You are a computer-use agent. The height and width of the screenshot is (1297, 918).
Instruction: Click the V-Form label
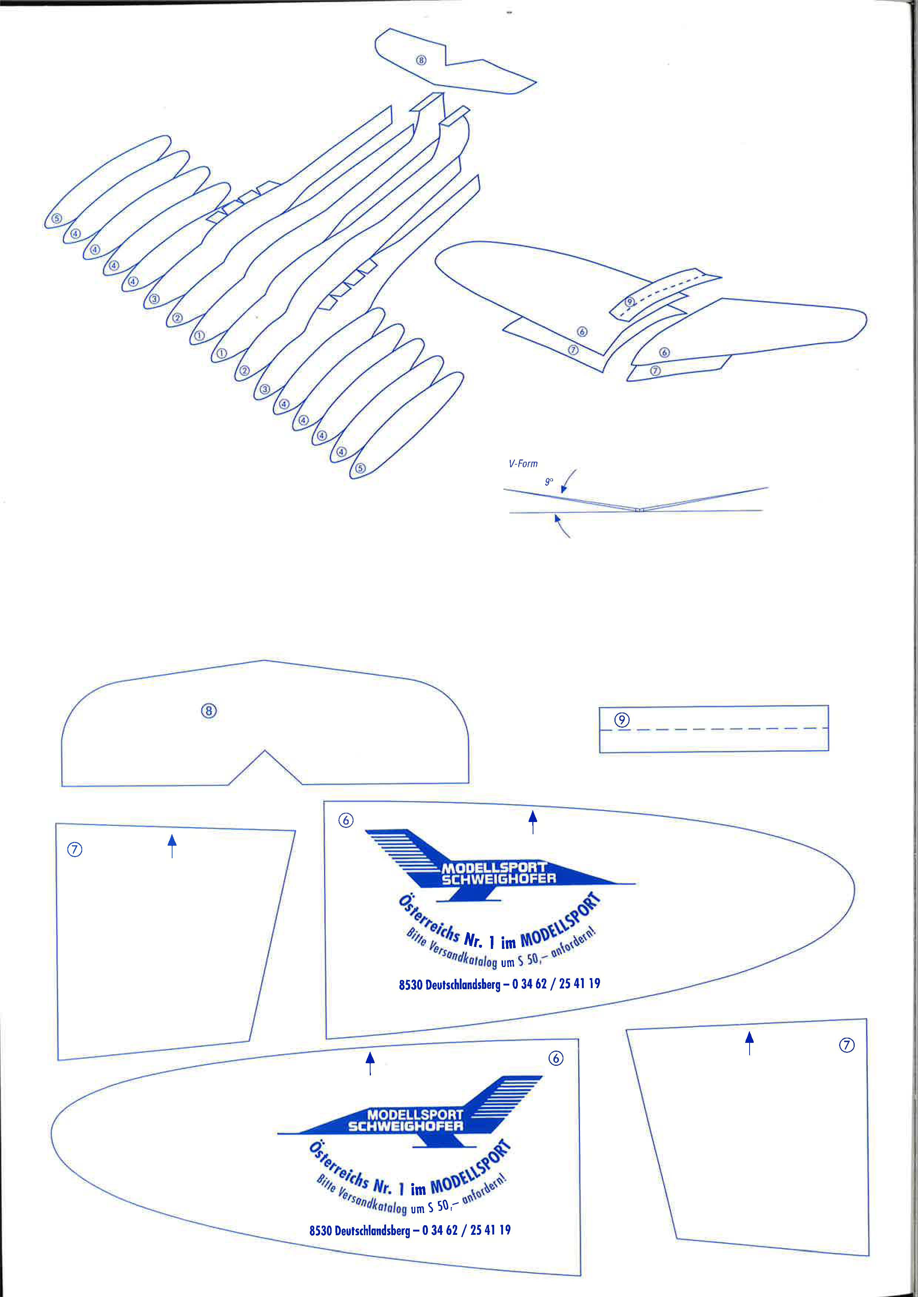click(x=523, y=464)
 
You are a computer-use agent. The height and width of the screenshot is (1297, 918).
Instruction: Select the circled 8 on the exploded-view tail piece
click(x=421, y=60)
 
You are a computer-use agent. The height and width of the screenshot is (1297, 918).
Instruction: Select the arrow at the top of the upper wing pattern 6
click(x=532, y=821)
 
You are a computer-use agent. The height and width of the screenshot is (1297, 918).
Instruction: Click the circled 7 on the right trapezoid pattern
click(x=846, y=1045)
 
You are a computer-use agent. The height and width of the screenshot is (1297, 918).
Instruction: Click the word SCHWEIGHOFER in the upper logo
click(x=499, y=878)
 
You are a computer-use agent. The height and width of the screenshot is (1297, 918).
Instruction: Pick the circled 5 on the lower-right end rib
click(x=361, y=468)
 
